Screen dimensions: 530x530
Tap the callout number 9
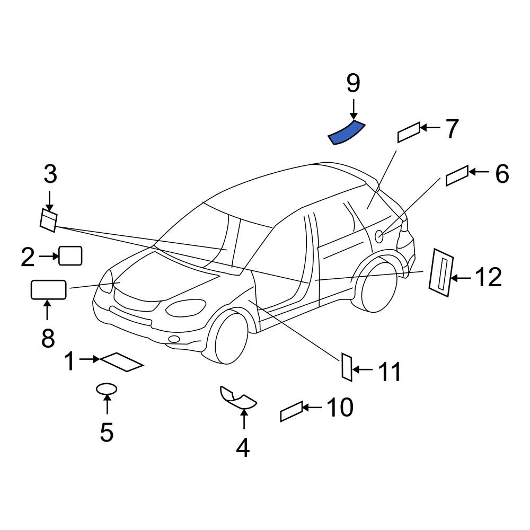tap(353, 84)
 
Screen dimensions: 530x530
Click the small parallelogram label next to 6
tap(457, 176)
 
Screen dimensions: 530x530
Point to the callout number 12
tap(489, 277)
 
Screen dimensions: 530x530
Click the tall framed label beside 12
tap(441, 272)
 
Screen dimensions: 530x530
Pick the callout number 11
tap(390, 372)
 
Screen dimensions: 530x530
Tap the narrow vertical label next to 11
tap(347, 367)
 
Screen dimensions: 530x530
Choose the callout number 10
tap(340, 407)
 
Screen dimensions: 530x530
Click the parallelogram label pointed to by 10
tap(291, 411)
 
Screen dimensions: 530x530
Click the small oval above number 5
tap(107, 389)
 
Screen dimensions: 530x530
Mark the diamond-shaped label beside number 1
tap(122, 362)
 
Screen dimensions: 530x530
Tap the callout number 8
tap(48, 338)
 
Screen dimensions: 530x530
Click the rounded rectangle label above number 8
tap(48, 290)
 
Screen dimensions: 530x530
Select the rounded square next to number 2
tap(70, 256)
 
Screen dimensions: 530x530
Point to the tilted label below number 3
tap(49, 220)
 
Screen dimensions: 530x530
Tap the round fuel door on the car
tap(379, 236)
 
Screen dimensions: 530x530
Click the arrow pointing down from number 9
tap(353, 110)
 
